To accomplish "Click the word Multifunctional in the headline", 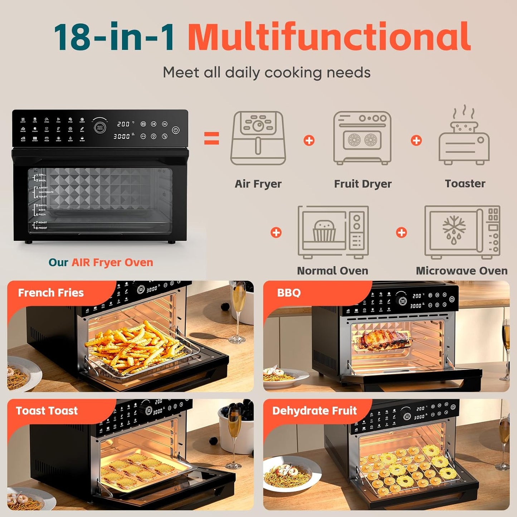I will [x=329, y=37].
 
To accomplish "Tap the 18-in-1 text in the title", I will [x=114, y=37].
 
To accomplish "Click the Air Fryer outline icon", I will [x=258, y=138].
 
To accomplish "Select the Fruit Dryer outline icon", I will [x=362, y=138].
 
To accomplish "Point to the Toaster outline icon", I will [x=464, y=137].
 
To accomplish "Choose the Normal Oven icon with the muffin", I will [x=333, y=232].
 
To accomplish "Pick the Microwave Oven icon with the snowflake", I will [x=462, y=232].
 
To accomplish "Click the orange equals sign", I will [x=211, y=138].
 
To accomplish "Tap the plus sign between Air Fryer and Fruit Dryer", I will [x=309, y=141].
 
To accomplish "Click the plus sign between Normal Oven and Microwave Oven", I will [x=401, y=233].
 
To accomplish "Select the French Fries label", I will [x=51, y=293].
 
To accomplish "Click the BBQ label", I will [x=289, y=293].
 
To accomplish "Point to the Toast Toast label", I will [x=47, y=411].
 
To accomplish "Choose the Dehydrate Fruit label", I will [x=314, y=411].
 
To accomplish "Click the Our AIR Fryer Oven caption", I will [x=101, y=263].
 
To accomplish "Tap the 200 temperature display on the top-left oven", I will [x=123, y=124].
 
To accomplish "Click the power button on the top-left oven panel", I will [x=175, y=130].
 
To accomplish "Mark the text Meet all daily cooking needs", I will [x=267, y=73].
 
